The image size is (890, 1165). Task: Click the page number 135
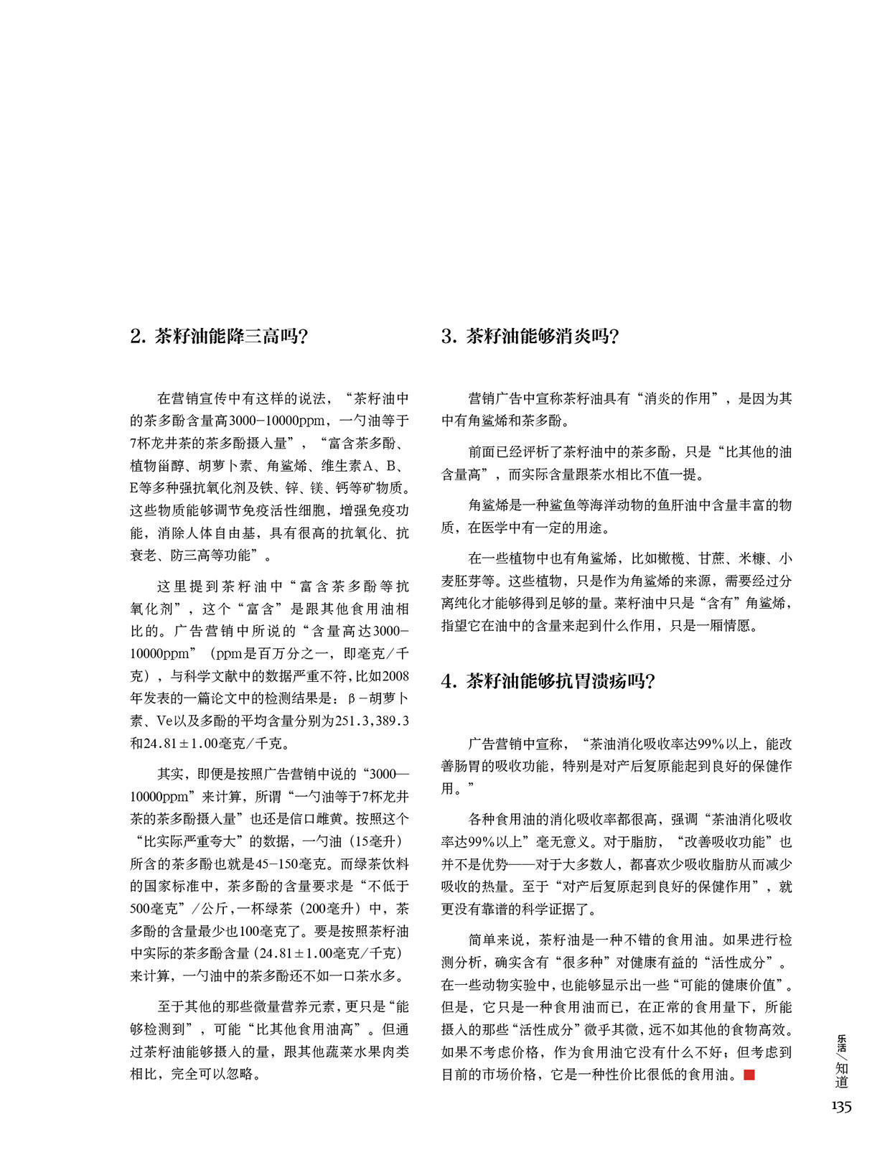coord(841,1106)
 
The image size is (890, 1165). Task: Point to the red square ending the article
coord(749,1075)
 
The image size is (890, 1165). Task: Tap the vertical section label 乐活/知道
coord(842,1060)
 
